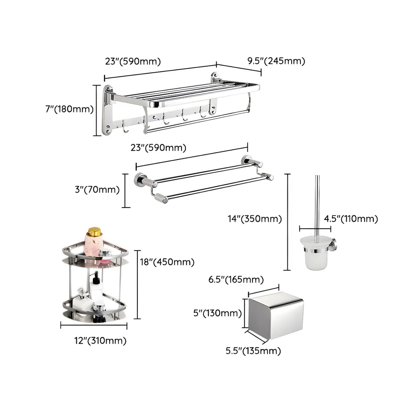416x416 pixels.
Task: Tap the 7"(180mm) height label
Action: click(70, 109)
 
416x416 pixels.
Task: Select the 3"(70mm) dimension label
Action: click(97, 190)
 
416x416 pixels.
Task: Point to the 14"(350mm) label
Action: click(255, 219)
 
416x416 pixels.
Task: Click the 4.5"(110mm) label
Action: click(351, 219)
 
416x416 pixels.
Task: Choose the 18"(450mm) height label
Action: click(167, 262)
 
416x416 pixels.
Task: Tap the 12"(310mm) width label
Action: click(100, 341)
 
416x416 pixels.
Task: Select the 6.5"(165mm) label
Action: click(236, 280)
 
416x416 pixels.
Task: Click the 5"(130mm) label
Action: click(217, 313)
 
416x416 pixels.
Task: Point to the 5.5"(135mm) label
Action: click(253, 351)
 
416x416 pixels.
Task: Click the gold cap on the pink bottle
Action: click(94, 232)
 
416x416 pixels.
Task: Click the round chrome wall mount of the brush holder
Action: click(334, 244)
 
